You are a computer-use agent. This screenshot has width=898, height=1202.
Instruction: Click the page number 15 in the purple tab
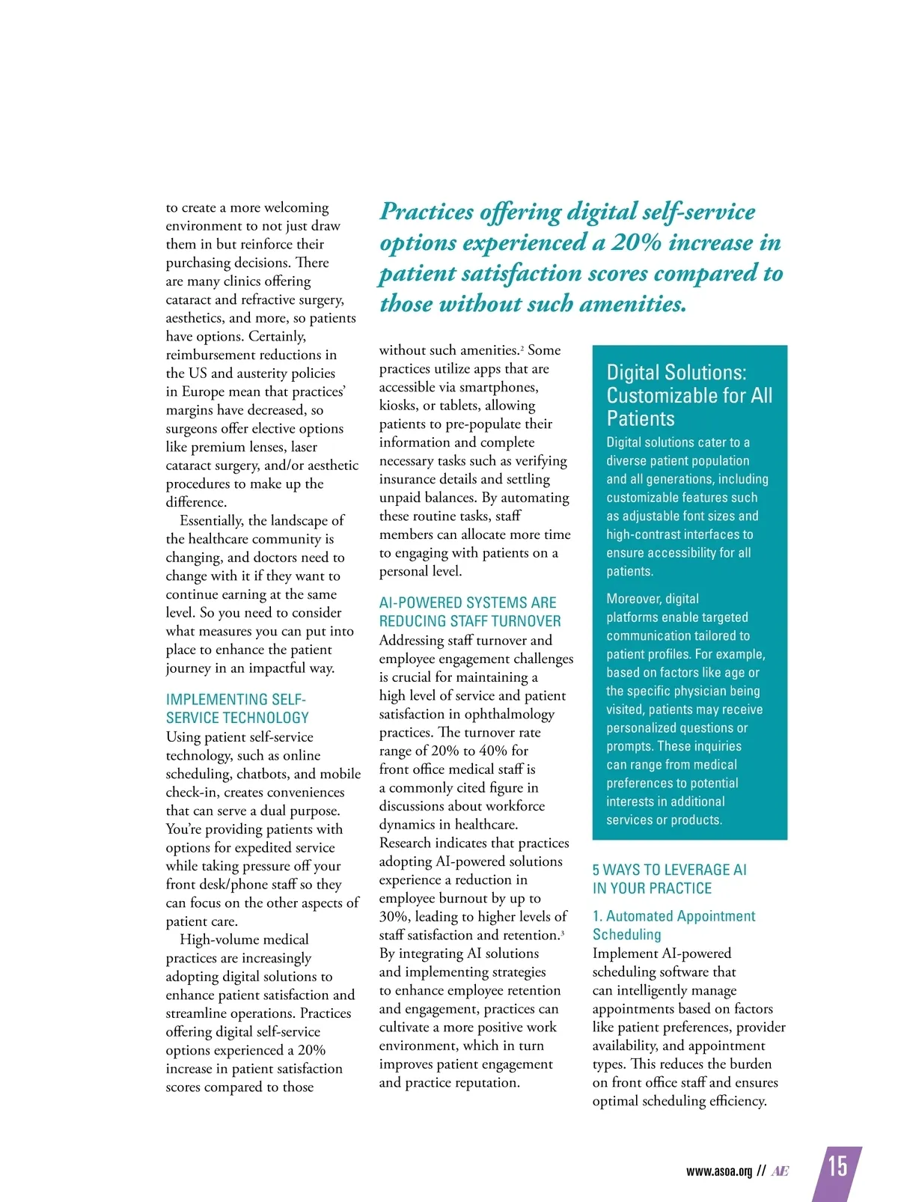click(x=837, y=1166)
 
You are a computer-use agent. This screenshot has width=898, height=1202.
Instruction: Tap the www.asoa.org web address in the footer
click(x=718, y=1171)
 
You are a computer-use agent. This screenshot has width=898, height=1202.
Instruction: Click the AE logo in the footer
click(x=780, y=1171)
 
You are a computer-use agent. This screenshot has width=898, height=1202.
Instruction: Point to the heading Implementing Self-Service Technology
click(x=237, y=708)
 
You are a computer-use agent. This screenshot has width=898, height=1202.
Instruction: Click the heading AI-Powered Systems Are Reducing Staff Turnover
click(x=469, y=611)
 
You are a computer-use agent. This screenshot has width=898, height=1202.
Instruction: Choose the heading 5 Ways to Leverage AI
click(x=669, y=879)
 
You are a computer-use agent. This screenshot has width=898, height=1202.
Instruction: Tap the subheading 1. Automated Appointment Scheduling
click(x=673, y=925)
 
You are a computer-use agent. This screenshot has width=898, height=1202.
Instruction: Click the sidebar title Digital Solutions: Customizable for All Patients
click(x=688, y=395)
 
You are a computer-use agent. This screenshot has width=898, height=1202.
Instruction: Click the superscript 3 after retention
click(x=562, y=932)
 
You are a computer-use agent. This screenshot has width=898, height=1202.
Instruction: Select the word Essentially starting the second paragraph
click(x=212, y=520)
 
